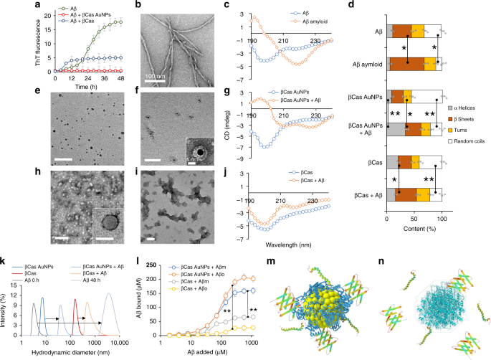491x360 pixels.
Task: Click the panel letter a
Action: (5, 5)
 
